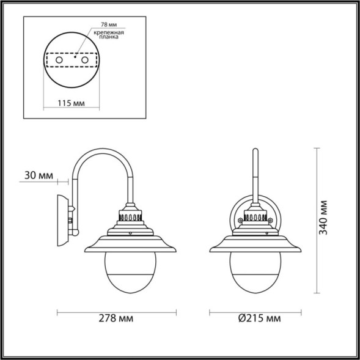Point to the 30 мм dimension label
39,175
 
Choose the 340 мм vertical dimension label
325,217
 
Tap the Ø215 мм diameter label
257,318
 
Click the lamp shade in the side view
130,244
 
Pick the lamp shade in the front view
256,244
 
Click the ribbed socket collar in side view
130,216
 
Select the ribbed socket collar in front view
256,216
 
